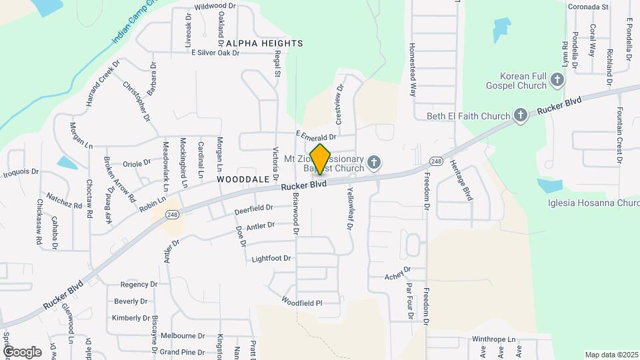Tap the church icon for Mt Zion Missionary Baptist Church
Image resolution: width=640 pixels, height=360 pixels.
(375, 162)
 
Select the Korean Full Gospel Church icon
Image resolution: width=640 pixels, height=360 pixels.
(557, 81)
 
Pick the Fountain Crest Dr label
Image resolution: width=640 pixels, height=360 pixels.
(620, 135)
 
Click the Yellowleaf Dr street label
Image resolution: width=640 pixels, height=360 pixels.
(348, 208)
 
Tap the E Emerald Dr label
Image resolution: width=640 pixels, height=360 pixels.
(317, 136)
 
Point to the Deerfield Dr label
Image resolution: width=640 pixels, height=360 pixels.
(254, 210)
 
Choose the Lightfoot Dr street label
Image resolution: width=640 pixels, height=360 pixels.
(271, 258)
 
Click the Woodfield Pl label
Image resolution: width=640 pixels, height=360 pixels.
(301, 302)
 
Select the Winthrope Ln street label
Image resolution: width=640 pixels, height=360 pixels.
(495, 339)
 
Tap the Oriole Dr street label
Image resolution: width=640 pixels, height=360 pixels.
(137, 163)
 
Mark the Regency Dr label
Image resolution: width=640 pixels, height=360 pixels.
(139, 284)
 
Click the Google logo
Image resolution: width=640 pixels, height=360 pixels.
(22, 351)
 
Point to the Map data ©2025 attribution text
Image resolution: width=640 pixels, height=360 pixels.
(611, 355)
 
